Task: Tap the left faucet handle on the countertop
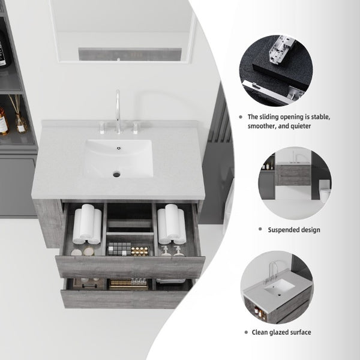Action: tap(102, 128)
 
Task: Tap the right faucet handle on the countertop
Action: tap(135, 128)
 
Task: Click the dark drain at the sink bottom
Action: tap(116, 174)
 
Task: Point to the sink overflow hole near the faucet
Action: tap(119, 148)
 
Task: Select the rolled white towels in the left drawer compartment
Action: tap(87, 224)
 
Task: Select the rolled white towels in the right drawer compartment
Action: tap(172, 224)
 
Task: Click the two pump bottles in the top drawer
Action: tap(171, 251)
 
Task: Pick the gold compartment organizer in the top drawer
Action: tap(140, 251)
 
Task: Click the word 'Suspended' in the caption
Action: tap(283, 230)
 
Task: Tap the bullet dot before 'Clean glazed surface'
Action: tap(246, 332)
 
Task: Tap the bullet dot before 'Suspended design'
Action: tap(260, 229)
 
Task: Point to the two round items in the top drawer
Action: tap(82, 251)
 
